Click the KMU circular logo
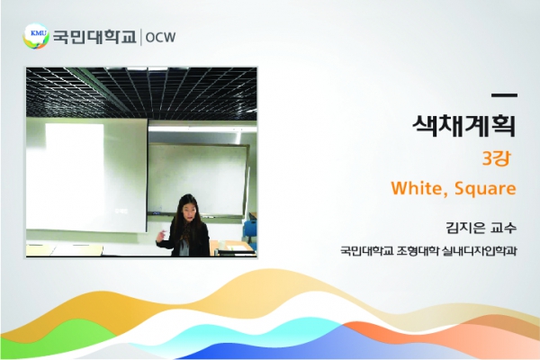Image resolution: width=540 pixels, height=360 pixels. pyautogui.click(x=36, y=36)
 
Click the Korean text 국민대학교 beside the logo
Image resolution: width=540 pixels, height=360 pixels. pyautogui.click(x=94, y=37)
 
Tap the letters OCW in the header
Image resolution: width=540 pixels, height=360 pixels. pyautogui.click(x=160, y=37)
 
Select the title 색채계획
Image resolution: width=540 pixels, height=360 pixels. pyautogui.click(x=464, y=125)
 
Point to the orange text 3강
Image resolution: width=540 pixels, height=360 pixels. pyautogui.click(x=496, y=158)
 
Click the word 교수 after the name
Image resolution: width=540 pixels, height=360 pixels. pyautogui.click(x=504, y=228)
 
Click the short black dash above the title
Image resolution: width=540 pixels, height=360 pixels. pyautogui.click(x=504, y=95)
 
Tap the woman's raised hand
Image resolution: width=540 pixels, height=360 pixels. pyautogui.click(x=161, y=237)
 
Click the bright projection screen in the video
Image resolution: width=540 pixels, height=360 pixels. pyautogui.click(x=86, y=175)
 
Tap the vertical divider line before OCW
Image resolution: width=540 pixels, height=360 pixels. pyautogui.click(x=141, y=37)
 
